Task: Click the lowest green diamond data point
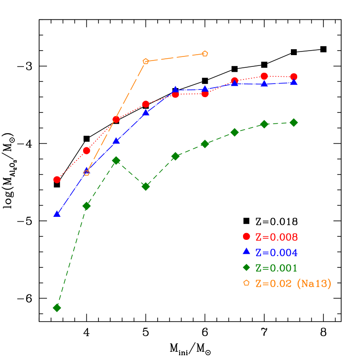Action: click(x=57, y=308)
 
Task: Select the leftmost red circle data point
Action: click(x=57, y=179)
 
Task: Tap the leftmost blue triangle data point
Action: click(x=57, y=214)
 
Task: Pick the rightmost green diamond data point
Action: click(x=294, y=122)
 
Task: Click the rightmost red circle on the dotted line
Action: click(x=294, y=77)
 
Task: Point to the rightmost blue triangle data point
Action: click(x=294, y=82)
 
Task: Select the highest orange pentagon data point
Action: click(x=205, y=54)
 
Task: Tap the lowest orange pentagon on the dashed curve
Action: click(x=87, y=173)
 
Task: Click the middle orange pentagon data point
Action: click(x=145, y=61)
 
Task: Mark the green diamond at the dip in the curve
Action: click(x=145, y=187)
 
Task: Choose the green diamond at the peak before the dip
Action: click(x=116, y=160)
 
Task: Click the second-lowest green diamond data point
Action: click(x=87, y=206)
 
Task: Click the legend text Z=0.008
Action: click(x=276, y=237)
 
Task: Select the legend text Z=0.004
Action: click(x=276, y=252)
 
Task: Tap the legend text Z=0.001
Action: click(x=276, y=268)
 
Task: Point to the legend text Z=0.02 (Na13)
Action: click(x=293, y=284)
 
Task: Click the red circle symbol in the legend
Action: click(x=246, y=236)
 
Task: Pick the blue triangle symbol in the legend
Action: click(x=246, y=251)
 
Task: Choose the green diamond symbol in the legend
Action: click(x=246, y=267)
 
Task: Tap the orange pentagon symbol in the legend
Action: click(x=246, y=283)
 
